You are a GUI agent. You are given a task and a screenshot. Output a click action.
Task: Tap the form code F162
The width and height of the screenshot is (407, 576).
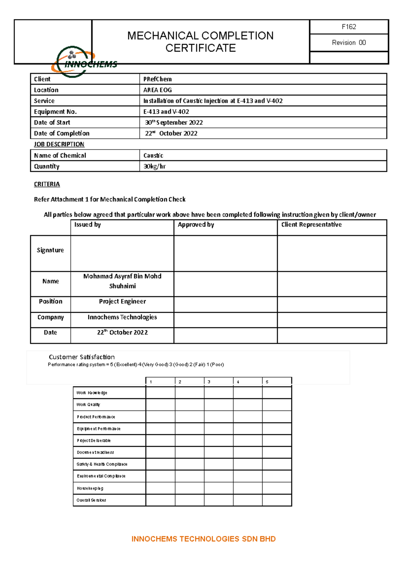(349, 27)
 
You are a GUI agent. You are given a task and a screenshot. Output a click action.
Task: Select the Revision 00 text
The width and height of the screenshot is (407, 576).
(349, 43)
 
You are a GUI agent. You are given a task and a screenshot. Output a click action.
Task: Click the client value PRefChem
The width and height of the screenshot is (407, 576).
(157, 79)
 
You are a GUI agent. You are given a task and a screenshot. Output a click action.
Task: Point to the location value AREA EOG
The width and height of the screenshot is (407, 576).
(157, 90)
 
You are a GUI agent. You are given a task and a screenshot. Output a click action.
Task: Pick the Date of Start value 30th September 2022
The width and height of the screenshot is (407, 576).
(174, 122)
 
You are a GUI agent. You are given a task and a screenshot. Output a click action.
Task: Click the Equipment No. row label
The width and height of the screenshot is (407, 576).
(55, 112)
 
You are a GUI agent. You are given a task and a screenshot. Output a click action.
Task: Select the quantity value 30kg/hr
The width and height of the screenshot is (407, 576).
(154, 166)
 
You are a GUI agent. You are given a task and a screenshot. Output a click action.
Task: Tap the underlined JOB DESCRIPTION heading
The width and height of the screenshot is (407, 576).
(59, 144)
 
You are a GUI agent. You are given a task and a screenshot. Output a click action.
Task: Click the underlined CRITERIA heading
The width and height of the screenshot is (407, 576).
(47, 184)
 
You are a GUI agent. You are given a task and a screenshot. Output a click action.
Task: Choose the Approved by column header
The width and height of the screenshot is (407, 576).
(196, 225)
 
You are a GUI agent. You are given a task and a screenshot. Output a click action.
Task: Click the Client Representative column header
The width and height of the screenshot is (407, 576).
(311, 225)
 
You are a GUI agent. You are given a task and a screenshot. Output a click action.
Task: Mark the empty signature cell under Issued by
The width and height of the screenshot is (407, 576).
(122, 253)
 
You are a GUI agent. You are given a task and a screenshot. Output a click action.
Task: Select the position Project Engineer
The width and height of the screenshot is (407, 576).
(122, 301)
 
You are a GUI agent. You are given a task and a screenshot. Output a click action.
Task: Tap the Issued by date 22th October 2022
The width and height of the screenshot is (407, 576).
(122, 332)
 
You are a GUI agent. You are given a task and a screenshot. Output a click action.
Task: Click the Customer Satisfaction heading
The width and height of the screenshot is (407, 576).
(82, 357)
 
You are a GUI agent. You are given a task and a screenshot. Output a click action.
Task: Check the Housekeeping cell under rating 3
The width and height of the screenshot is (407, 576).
(218, 488)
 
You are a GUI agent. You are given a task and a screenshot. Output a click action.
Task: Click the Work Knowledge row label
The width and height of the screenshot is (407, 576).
(92, 393)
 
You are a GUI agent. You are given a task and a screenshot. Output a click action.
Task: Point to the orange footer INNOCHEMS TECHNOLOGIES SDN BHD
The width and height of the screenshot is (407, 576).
(203, 539)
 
